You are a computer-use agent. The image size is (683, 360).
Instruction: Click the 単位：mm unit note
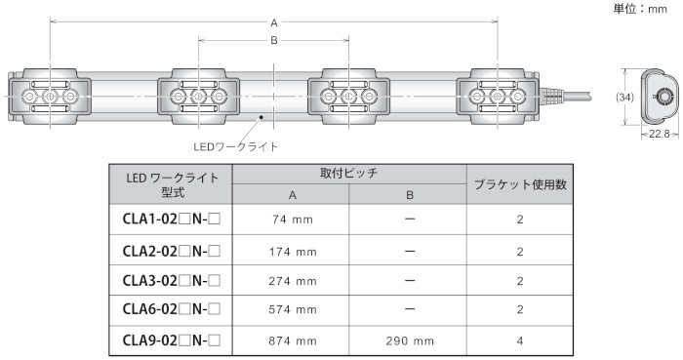coord(640,9)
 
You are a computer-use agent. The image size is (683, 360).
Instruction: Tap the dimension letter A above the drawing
coord(274,23)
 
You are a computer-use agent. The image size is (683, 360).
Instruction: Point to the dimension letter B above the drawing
coord(274,40)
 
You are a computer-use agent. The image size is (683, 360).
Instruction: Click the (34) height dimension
coord(624,98)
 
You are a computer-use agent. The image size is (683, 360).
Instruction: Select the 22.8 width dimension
coord(659,134)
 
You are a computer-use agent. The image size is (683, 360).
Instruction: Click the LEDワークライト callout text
coord(236,146)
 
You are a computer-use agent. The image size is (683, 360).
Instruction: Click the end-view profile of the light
coord(660,98)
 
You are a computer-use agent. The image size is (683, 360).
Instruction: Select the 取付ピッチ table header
coord(349,174)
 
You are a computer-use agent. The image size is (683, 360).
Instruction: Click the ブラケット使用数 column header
coord(520,184)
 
